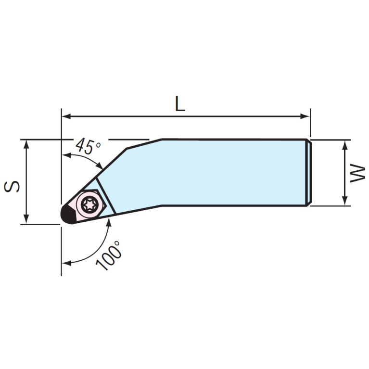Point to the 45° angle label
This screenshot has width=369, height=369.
coord(88,146)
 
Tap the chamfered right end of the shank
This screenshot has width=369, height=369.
coord(309,172)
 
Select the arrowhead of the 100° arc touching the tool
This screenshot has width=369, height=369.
coord(109,220)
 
